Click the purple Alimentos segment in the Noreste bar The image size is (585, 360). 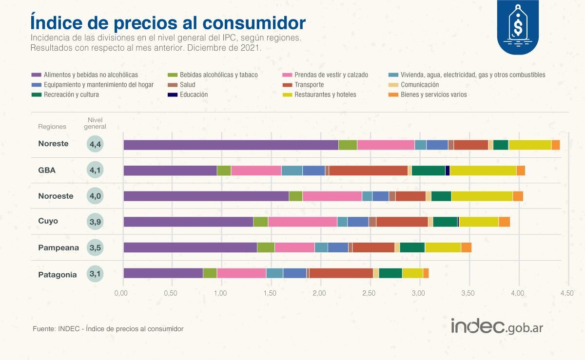pos(231,145)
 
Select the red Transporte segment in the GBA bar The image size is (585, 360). pos(368,170)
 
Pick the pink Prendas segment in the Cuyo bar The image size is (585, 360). pos(302,222)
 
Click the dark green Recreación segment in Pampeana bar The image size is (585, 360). pos(412,247)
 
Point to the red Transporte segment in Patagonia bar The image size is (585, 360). pos(341,273)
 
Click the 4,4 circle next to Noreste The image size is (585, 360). pos(95,144)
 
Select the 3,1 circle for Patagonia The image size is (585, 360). pos(95,274)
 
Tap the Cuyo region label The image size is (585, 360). pos(48,221)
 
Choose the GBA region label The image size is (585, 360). pos(47,170)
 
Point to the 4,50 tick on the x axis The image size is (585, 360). pos(567,293)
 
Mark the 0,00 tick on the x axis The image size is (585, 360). pos(121,293)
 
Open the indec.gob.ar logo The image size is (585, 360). pos(496,326)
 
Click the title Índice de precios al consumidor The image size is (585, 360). pos(168,22)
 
